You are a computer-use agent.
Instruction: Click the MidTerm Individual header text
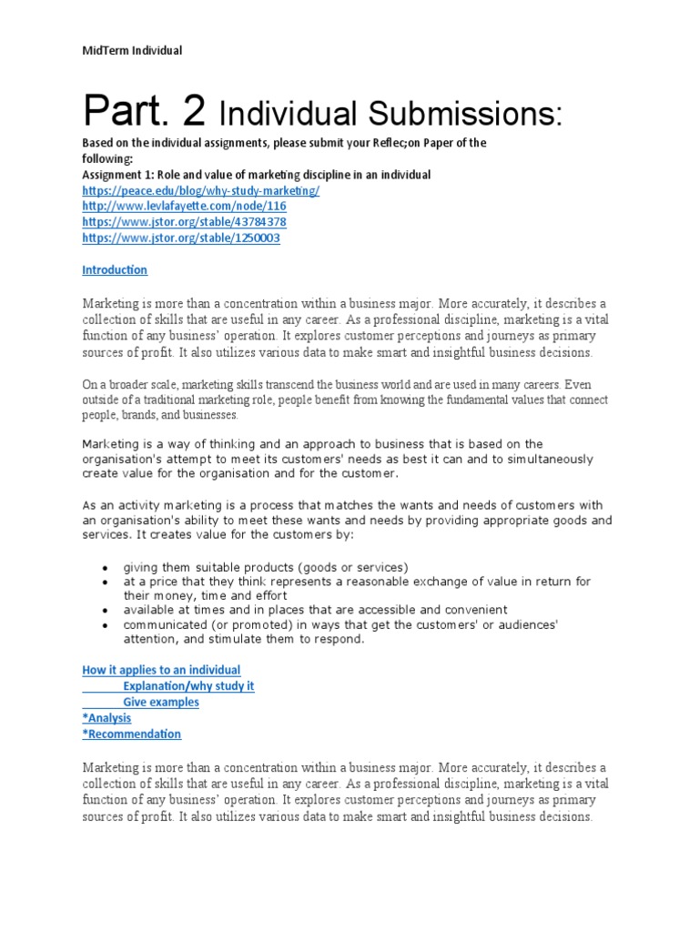(132, 50)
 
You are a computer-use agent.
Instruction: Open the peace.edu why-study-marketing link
(200, 190)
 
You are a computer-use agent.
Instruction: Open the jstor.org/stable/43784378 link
(184, 222)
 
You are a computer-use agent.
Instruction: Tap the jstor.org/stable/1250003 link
(181, 238)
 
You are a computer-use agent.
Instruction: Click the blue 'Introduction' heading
(115, 269)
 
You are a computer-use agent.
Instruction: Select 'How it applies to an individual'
(161, 670)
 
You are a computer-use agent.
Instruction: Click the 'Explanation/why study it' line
(188, 686)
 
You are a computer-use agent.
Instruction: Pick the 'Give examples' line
(161, 702)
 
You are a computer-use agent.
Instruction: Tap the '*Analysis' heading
(106, 718)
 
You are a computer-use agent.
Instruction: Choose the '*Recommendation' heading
(131, 734)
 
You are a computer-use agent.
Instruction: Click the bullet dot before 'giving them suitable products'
(106, 566)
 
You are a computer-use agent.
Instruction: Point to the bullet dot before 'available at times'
(106, 610)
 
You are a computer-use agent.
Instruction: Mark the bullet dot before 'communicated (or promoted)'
(106, 625)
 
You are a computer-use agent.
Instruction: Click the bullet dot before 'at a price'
(106, 582)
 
